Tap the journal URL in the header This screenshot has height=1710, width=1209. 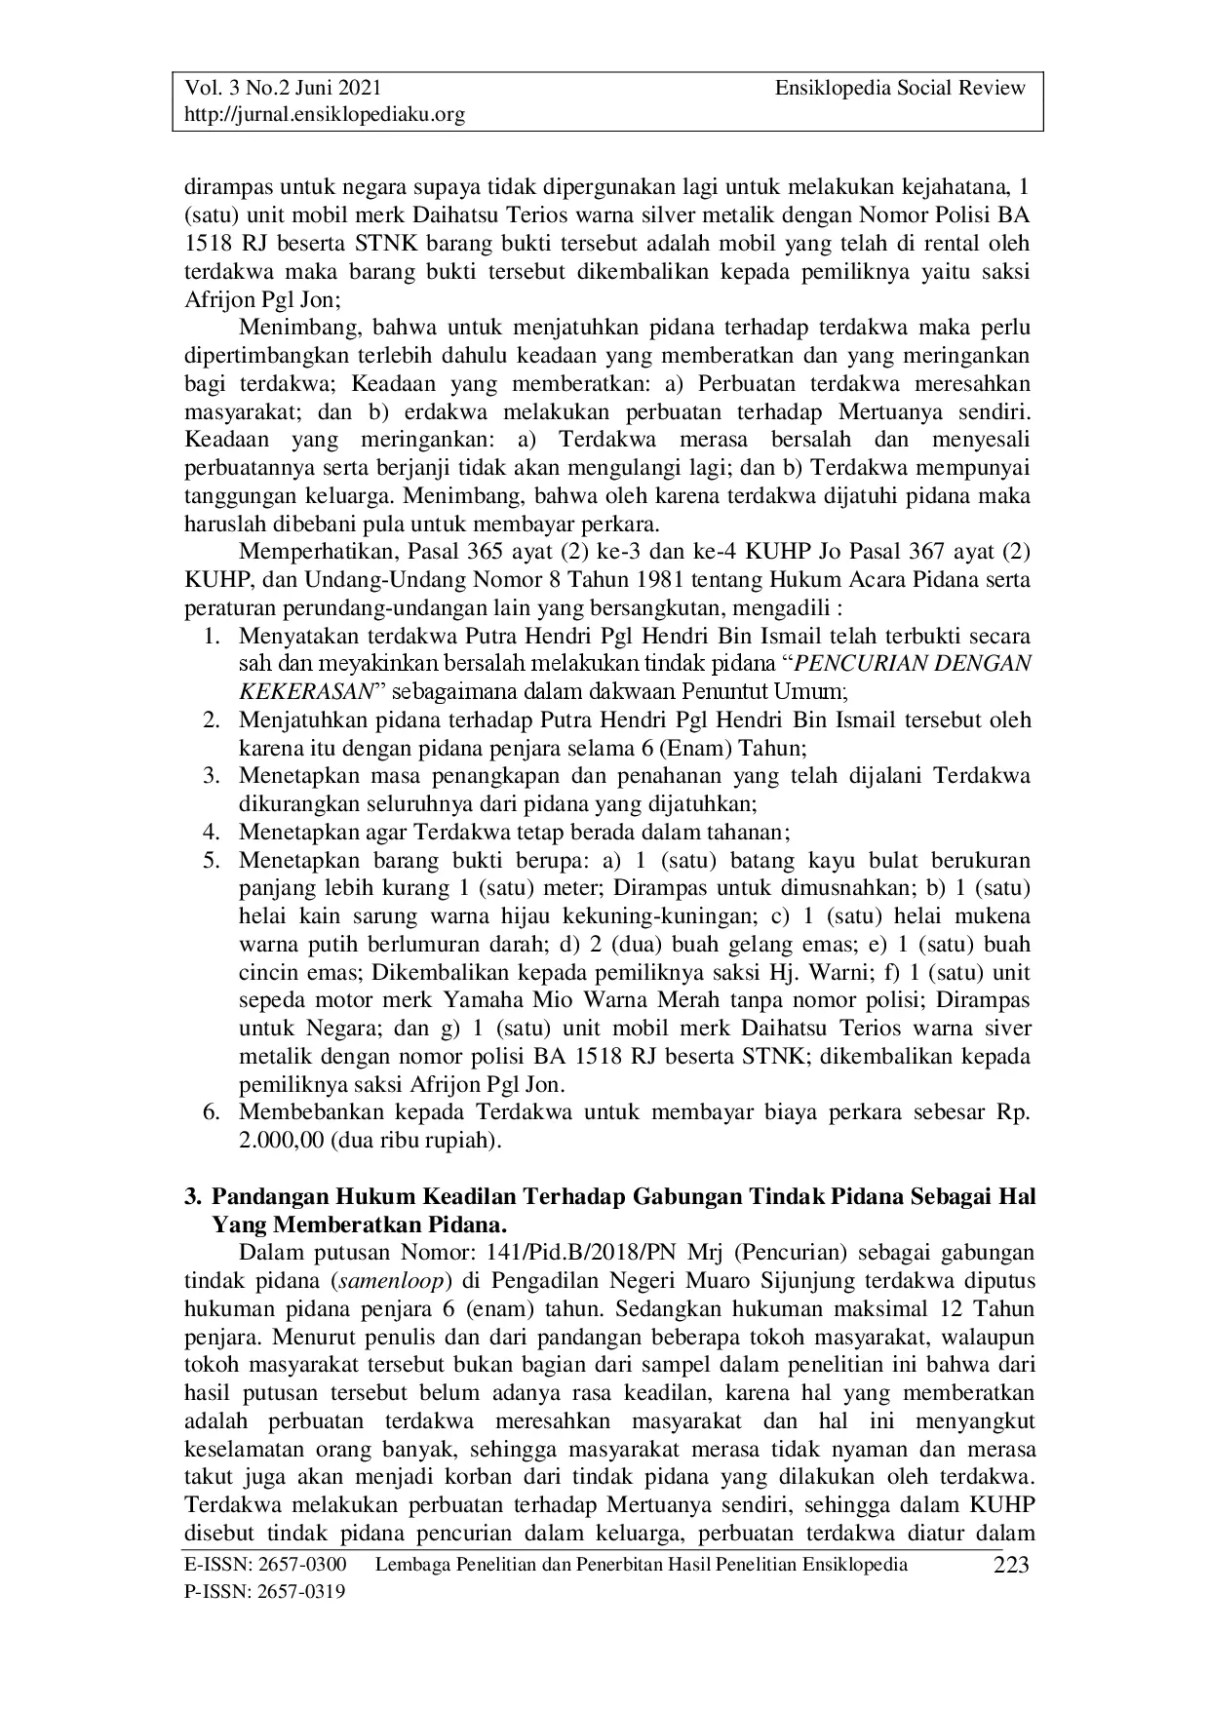click(325, 115)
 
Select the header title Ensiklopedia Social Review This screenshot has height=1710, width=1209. click(900, 88)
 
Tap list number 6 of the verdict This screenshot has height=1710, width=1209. click(211, 1112)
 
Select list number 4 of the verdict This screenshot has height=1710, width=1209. click(211, 833)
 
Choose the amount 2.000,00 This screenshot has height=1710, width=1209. click(281, 1140)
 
